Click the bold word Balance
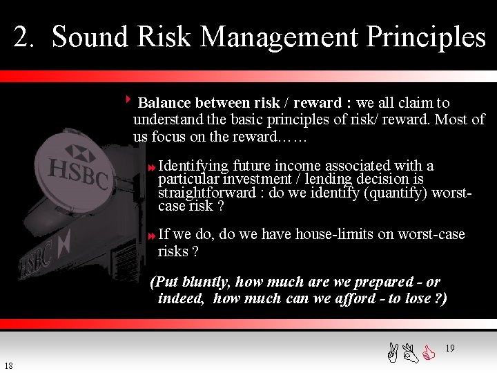point(164,103)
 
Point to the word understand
point(168,119)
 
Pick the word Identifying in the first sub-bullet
point(193,166)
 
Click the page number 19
point(450,349)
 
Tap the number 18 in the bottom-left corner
point(8,365)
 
